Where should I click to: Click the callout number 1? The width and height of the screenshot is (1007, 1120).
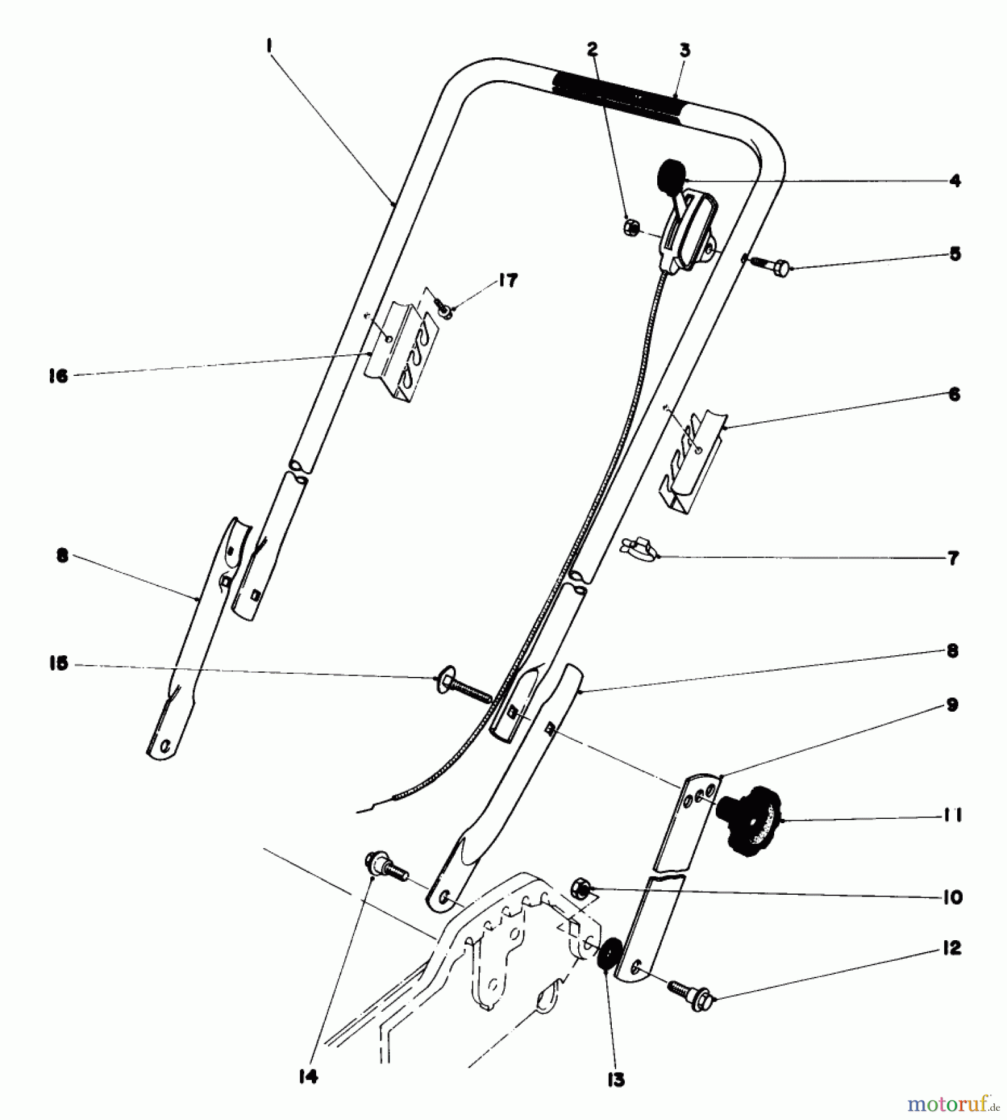pos(269,47)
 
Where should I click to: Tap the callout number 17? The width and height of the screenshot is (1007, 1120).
pos(508,281)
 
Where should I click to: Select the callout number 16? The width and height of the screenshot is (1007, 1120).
pos(59,376)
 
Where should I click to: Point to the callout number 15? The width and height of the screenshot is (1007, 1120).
pos(59,664)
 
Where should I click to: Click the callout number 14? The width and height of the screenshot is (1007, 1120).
pos(308,1076)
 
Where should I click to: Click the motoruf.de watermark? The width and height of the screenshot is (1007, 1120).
pos(952,1104)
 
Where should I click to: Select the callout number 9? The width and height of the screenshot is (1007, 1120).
pos(952,705)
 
